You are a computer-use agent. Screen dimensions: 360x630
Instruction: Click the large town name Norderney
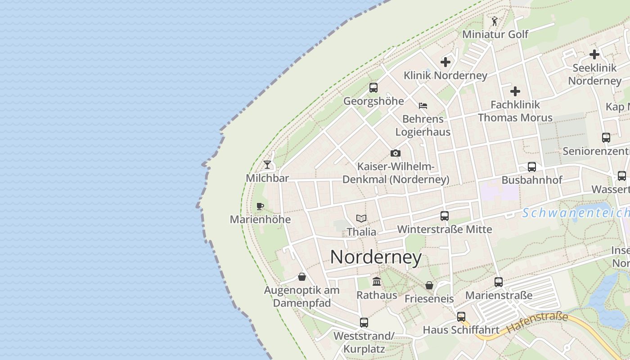pyautogui.click(x=376, y=257)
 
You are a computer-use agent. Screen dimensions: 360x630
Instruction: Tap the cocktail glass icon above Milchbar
pyautogui.click(x=267, y=164)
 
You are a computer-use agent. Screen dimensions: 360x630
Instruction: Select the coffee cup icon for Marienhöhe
pyautogui.click(x=260, y=206)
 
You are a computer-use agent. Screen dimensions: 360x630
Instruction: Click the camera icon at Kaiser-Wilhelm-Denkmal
pyautogui.click(x=396, y=153)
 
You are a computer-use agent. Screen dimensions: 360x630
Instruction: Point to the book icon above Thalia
pyautogui.click(x=361, y=218)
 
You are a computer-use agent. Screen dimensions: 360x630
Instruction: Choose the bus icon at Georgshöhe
pyautogui.click(x=373, y=87)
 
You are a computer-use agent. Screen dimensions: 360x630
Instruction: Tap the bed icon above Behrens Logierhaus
pyautogui.click(x=423, y=106)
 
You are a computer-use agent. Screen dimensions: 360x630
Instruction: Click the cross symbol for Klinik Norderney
pyautogui.click(x=445, y=62)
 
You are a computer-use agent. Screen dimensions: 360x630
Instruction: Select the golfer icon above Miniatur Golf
pyautogui.click(x=495, y=21)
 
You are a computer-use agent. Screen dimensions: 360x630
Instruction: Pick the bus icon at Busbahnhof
pyautogui.click(x=532, y=166)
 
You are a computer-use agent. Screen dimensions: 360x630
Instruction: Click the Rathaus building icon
pyautogui.click(x=377, y=282)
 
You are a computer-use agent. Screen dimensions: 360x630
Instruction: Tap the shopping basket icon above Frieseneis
pyautogui.click(x=429, y=285)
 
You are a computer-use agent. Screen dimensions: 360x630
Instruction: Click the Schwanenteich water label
pyautogui.click(x=576, y=212)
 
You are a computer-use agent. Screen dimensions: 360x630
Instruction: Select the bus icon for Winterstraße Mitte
pyautogui.click(x=445, y=216)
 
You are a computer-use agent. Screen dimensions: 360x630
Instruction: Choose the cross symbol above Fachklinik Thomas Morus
pyautogui.click(x=515, y=91)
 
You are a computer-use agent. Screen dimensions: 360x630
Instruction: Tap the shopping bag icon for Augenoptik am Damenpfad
pyautogui.click(x=302, y=276)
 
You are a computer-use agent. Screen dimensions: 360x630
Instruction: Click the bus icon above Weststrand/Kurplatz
pyautogui.click(x=364, y=322)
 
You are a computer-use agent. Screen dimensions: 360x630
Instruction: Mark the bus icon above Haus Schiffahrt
pyautogui.click(x=461, y=316)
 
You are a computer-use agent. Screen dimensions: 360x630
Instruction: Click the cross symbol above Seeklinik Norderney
pyautogui.click(x=594, y=54)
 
